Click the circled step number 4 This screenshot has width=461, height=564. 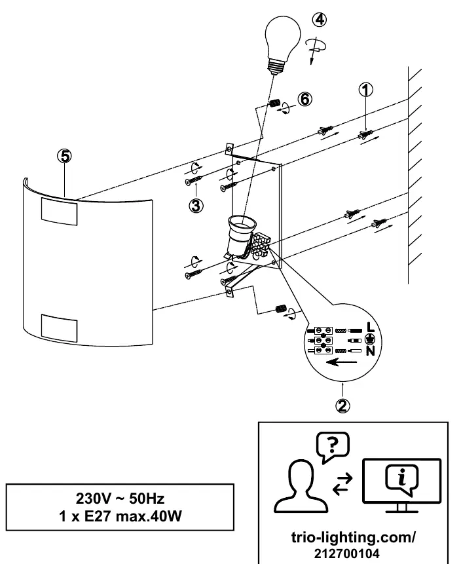tap(320, 20)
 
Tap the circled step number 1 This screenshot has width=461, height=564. tap(365, 90)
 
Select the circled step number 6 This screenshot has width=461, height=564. tap(305, 99)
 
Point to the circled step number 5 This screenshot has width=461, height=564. tap(64, 156)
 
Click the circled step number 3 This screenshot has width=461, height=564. tap(196, 206)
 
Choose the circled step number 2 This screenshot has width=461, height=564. tap(342, 405)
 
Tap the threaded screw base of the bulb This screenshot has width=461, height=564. tap(276, 67)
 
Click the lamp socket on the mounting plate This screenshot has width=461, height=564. tap(240, 235)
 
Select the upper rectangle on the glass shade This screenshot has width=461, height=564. tap(60, 212)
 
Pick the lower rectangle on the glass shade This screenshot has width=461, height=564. tap(60, 328)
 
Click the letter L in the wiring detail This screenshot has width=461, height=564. tap(371, 328)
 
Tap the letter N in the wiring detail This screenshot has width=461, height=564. tap(371, 350)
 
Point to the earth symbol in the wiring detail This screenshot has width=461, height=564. tap(370, 339)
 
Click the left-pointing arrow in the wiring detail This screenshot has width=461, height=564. tap(342, 362)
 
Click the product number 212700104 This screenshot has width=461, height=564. tap(346, 554)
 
